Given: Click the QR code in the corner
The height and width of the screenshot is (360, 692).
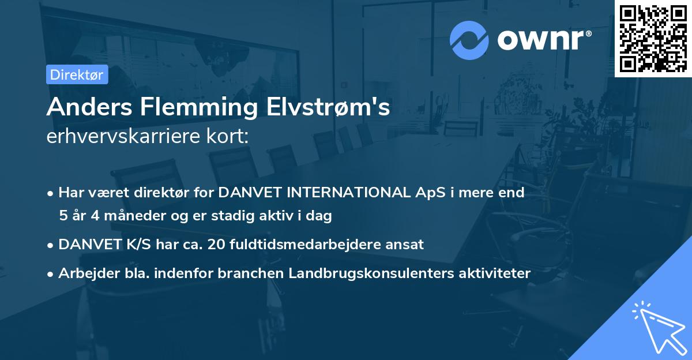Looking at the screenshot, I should (653, 38).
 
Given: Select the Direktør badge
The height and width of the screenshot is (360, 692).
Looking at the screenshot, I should (77, 74).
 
